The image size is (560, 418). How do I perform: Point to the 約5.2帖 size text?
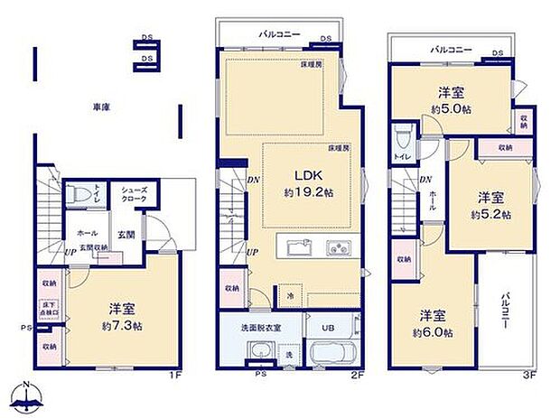490,215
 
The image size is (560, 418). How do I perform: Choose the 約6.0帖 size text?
432,332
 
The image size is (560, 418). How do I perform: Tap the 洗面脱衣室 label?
259,326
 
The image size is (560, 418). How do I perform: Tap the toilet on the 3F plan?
403,140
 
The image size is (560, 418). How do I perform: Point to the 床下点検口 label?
48,312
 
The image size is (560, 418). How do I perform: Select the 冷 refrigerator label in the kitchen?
290,296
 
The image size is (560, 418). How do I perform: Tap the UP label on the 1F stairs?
69,253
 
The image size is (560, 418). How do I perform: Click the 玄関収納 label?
92,247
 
